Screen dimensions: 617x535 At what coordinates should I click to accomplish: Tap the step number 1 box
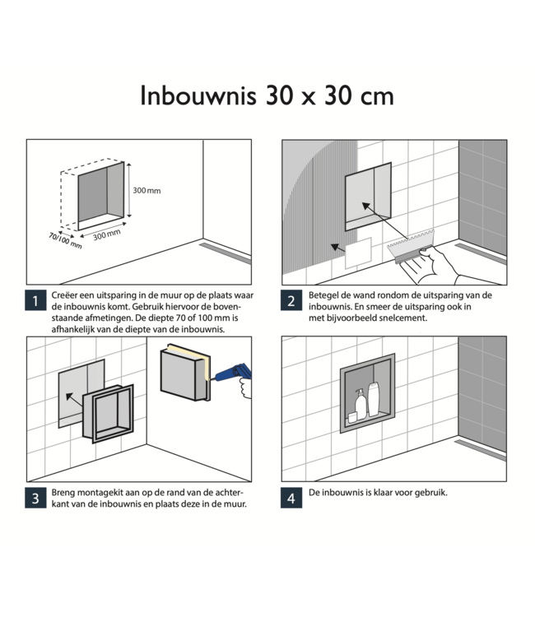pos(35,301)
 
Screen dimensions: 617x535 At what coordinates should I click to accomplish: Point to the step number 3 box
pos(35,499)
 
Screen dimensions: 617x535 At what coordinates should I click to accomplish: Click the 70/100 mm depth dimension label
pos(64,239)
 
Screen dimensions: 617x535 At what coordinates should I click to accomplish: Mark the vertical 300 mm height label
pos(147,190)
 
